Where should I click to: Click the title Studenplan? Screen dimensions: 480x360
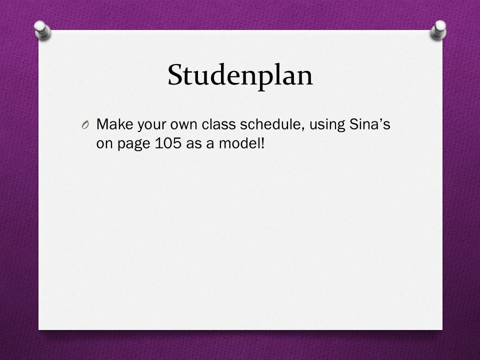point(240,75)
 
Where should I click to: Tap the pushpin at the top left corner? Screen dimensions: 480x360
point(42,30)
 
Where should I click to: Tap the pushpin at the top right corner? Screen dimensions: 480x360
point(438,29)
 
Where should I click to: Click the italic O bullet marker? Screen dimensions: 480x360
point(85,125)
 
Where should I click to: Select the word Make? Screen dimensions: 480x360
point(115,124)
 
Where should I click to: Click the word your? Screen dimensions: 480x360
point(151,126)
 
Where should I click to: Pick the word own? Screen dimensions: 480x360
point(183,126)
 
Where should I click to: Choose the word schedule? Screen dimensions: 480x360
point(272,124)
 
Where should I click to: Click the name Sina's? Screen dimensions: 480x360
point(370,124)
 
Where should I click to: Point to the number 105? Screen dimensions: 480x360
point(168,143)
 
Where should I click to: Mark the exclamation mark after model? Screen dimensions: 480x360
point(262,142)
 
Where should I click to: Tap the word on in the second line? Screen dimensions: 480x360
point(104,144)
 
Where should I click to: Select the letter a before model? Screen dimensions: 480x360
point(210,144)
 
